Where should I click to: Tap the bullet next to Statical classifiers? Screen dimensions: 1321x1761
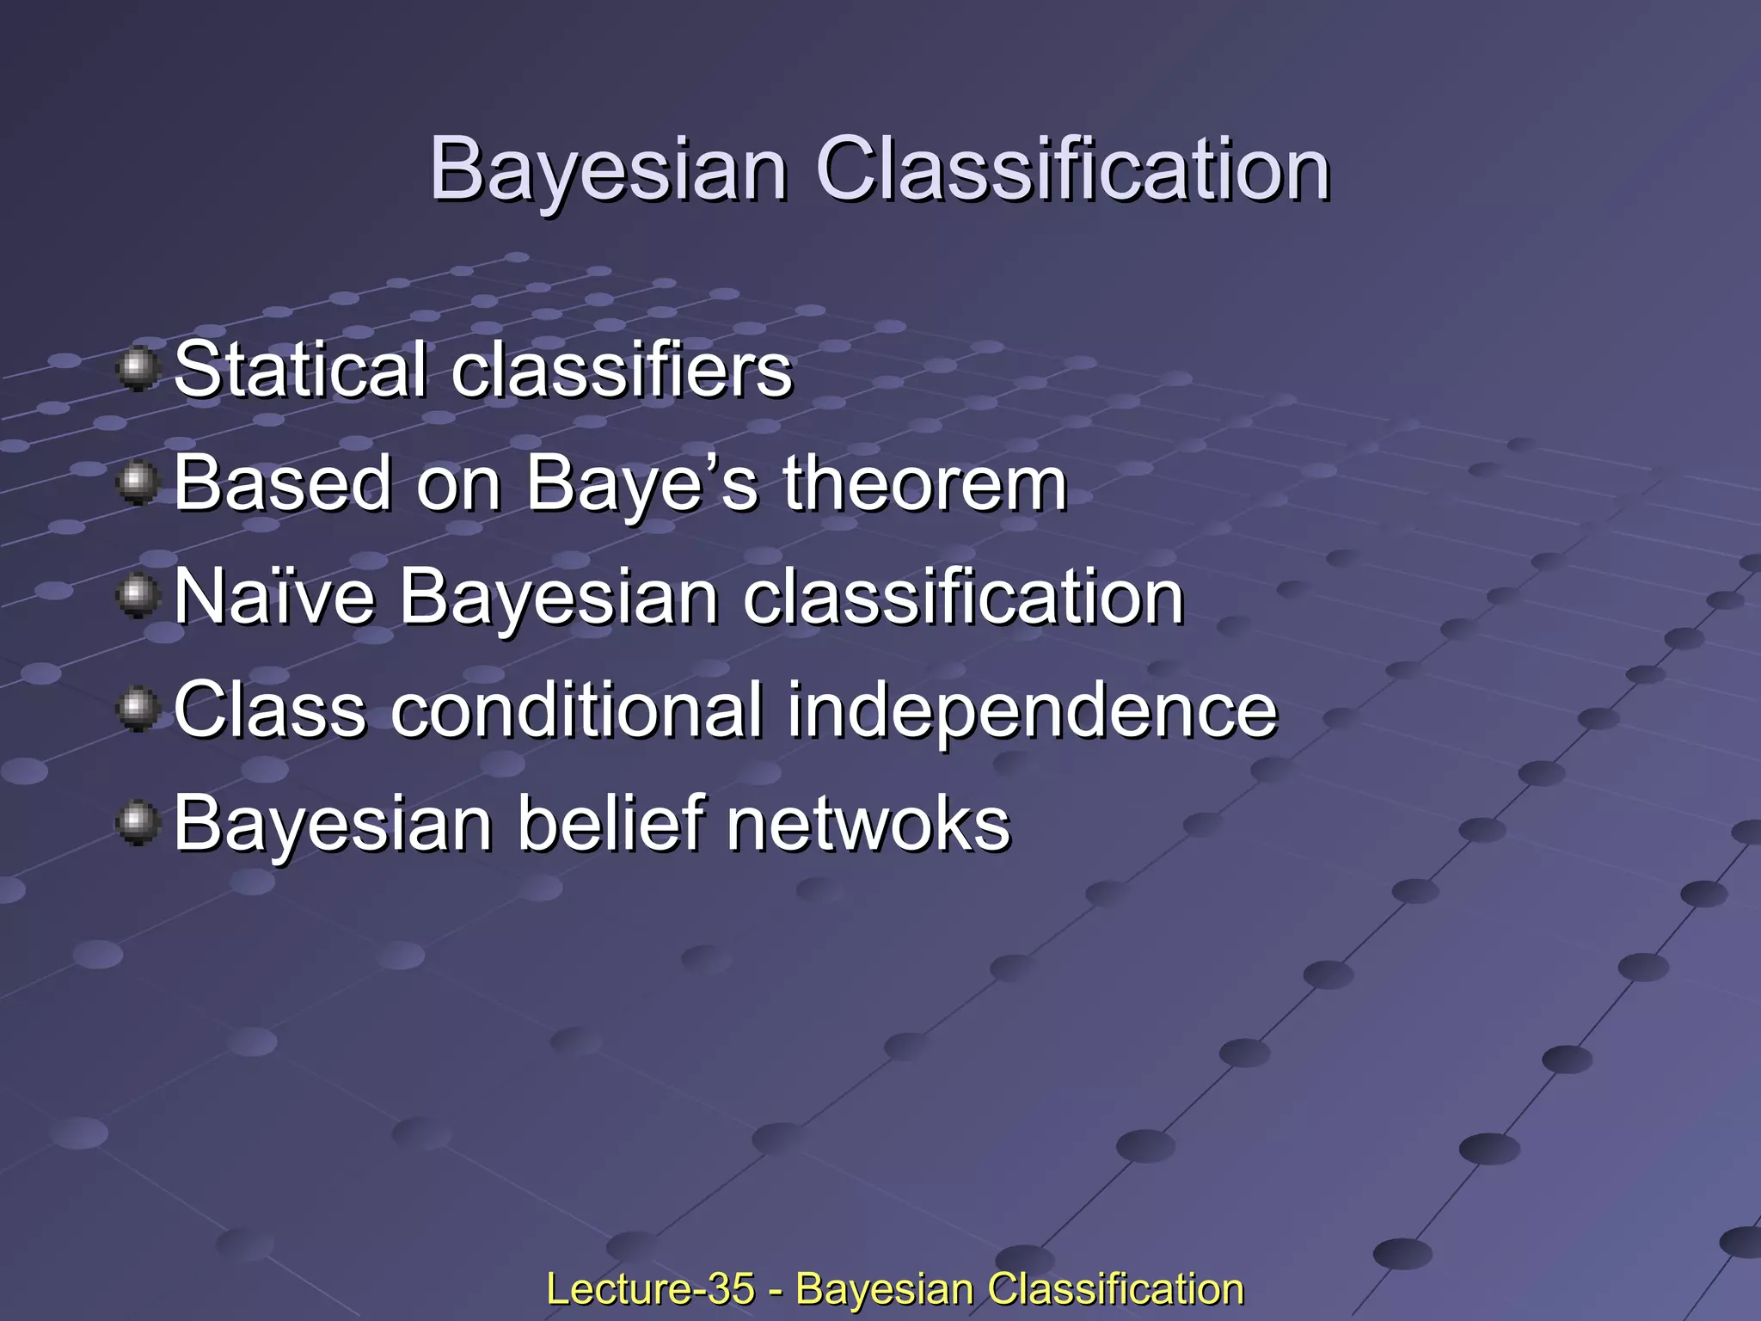137,370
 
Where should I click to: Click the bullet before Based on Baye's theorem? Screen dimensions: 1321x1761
137,483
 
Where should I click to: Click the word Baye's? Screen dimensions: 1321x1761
641,483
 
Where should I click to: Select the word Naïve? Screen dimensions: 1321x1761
274,597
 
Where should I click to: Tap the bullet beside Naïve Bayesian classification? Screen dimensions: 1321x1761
137,597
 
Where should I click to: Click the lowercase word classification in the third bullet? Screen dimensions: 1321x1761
963,597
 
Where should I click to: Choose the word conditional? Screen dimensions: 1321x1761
577,710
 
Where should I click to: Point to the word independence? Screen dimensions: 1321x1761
1032,710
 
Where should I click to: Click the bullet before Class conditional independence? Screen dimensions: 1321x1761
137,710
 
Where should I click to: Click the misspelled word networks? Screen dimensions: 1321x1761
868,824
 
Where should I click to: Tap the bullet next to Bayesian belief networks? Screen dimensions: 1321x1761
137,824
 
